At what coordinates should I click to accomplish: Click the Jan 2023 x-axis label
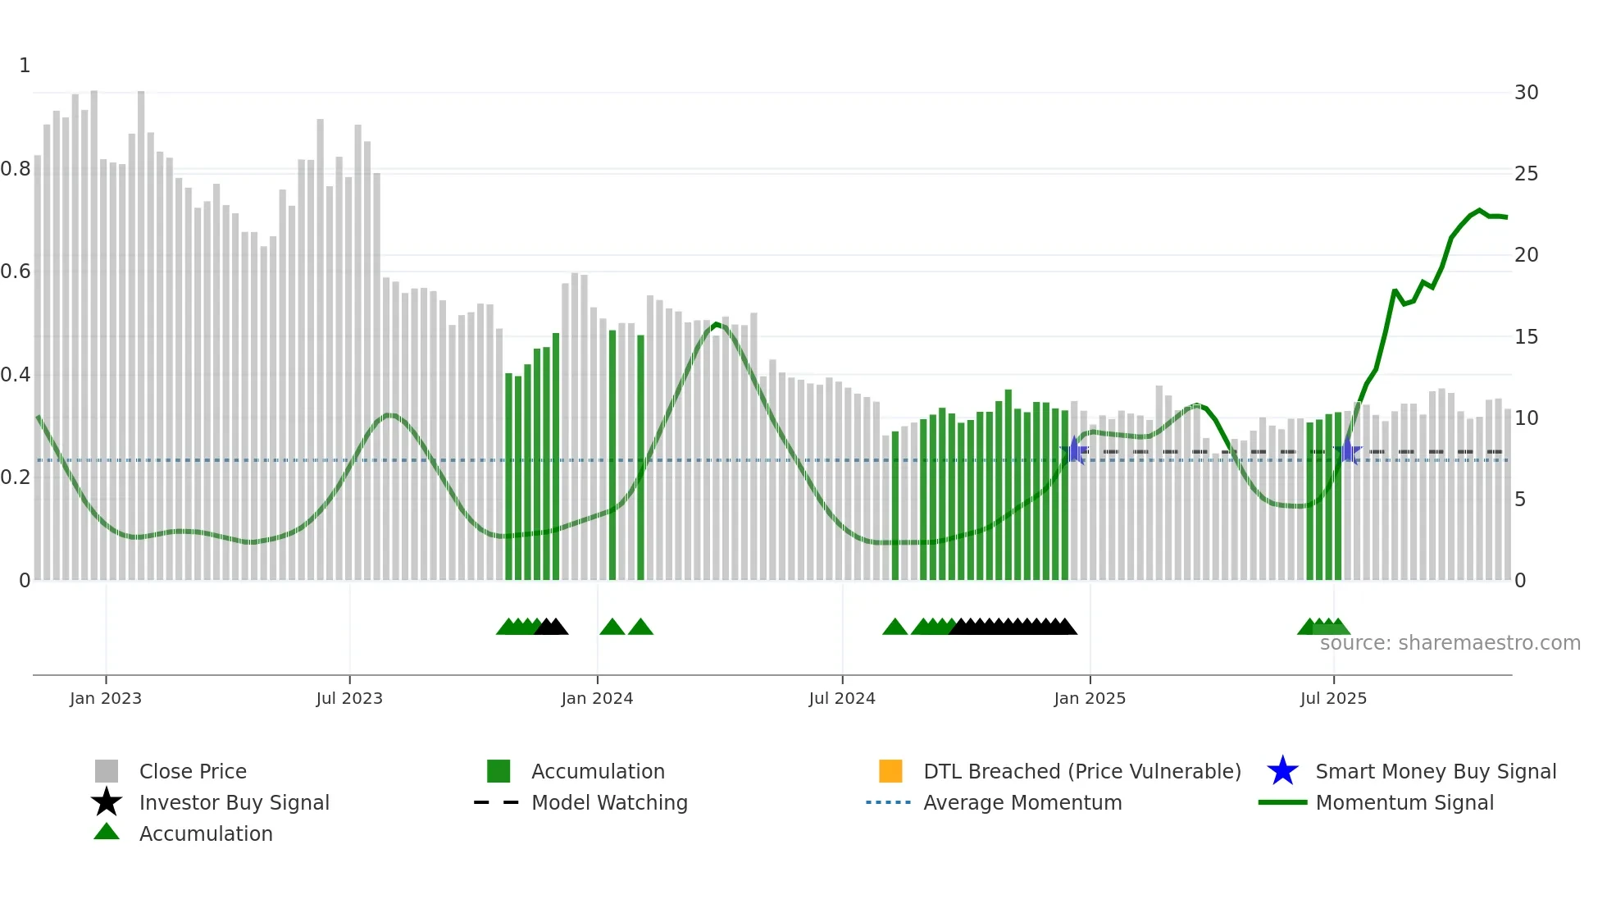[105, 698]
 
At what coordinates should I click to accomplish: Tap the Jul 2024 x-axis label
[842, 698]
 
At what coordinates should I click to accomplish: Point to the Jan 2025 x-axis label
[1090, 698]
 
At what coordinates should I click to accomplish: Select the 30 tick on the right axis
[1526, 93]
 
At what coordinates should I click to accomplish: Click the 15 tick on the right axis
[1526, 337]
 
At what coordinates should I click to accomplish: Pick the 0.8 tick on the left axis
[16, 169]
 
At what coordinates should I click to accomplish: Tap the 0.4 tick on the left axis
[16, 375]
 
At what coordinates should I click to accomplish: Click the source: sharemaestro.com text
[1450, 643]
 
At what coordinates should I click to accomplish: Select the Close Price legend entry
[193, 771]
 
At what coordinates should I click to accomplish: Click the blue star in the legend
[1282, 771]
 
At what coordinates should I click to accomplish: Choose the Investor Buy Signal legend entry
[234, 802]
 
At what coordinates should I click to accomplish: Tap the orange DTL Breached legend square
[890, 771]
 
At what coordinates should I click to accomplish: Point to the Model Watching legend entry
[609, 802]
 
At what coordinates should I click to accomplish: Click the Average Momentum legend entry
[1022, 802]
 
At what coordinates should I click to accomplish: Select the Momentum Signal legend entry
[1404, 802]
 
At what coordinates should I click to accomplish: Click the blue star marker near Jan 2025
[1074, 450]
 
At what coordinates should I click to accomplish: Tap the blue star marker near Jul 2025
[1347, 450]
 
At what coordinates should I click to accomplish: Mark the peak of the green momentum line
[1479, 211]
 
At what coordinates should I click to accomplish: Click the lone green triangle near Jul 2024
[895, 628]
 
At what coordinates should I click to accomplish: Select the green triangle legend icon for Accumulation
[107, 832]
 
